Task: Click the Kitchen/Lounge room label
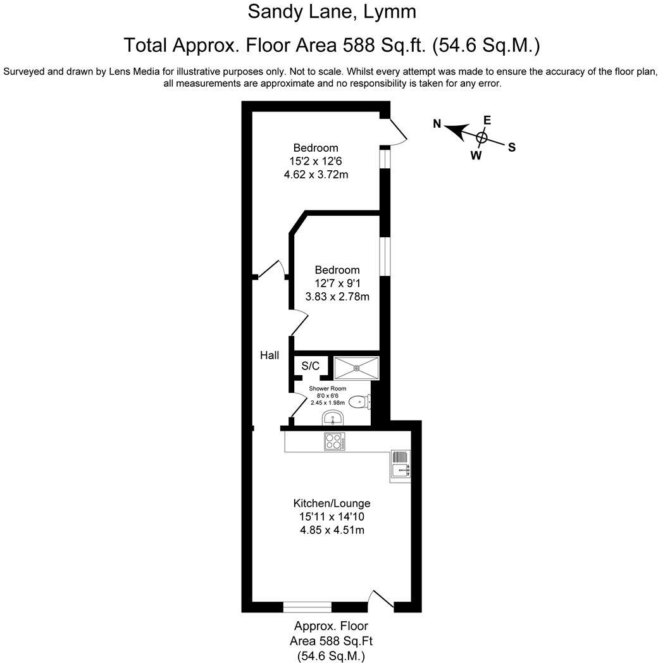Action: tap(331, 504)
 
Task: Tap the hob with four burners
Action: tap(333, 441)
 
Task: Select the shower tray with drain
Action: tap(356, 367)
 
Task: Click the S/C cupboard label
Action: tap(310, 366)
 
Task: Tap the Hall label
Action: tap(270, 356)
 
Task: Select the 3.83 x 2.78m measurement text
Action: tap(337, 296)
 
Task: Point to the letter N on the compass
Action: tap(437, 124)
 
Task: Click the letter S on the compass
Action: tap(512, 147)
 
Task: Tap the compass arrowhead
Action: tap(454, 130)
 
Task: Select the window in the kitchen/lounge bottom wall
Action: tap(307, 607)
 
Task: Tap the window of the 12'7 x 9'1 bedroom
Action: tap(384, 256)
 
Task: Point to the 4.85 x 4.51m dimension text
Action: tap(332, 530)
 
